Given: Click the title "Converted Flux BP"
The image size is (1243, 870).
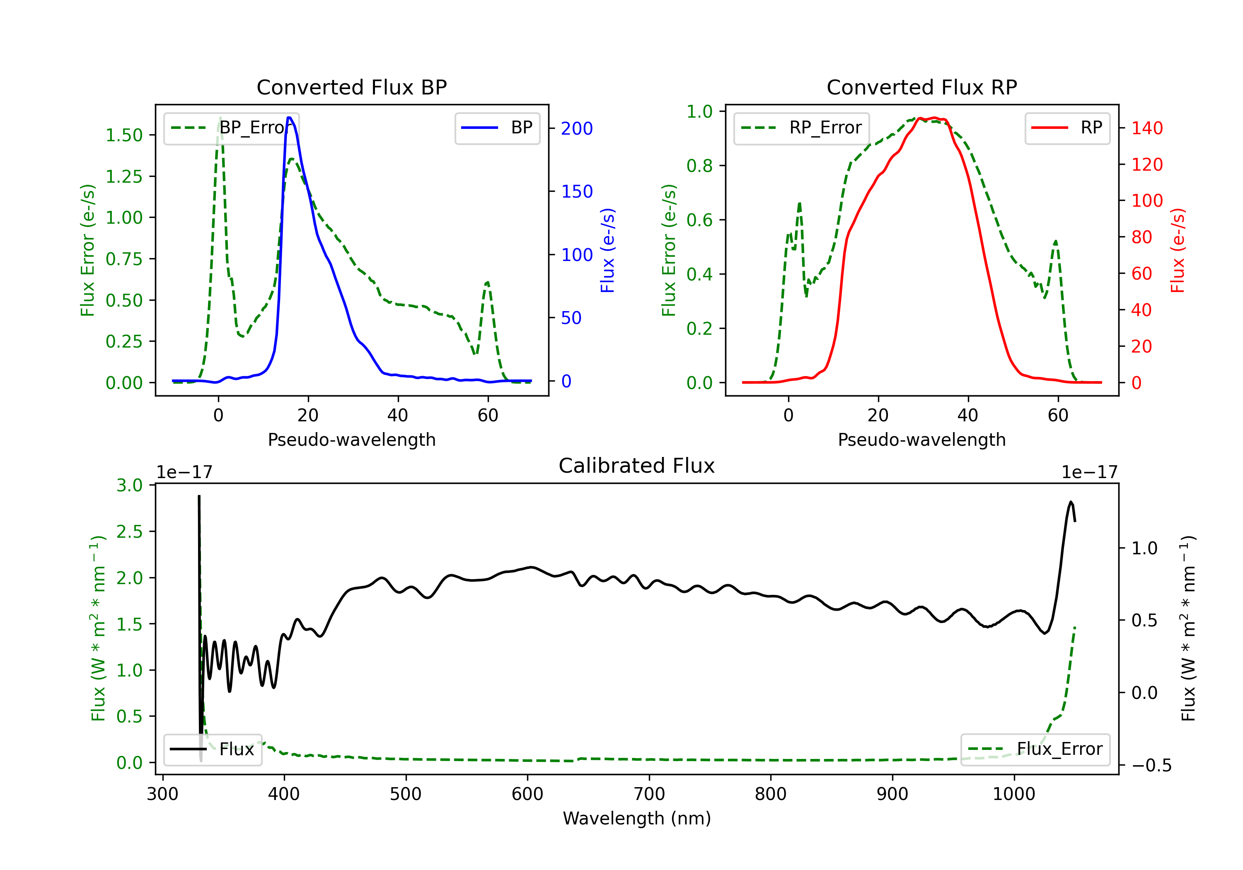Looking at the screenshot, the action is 351,87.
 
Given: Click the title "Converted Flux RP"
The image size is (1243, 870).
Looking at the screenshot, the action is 921,87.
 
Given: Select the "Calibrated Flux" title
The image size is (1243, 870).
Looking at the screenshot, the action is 637,466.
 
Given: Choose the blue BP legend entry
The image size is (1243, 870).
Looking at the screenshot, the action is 497,128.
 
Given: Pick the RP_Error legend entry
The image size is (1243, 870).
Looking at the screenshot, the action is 801,128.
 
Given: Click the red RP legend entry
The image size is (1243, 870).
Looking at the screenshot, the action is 1067,128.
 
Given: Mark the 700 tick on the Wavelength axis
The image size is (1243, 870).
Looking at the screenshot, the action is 649,794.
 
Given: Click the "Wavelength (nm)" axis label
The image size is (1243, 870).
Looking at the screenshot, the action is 637,818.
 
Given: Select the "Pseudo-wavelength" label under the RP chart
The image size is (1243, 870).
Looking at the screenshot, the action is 921,440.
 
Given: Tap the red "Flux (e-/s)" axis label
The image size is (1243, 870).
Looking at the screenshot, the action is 1178,251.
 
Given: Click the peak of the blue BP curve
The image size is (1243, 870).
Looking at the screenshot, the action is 289,118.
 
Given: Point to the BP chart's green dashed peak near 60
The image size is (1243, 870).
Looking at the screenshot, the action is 487,282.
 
